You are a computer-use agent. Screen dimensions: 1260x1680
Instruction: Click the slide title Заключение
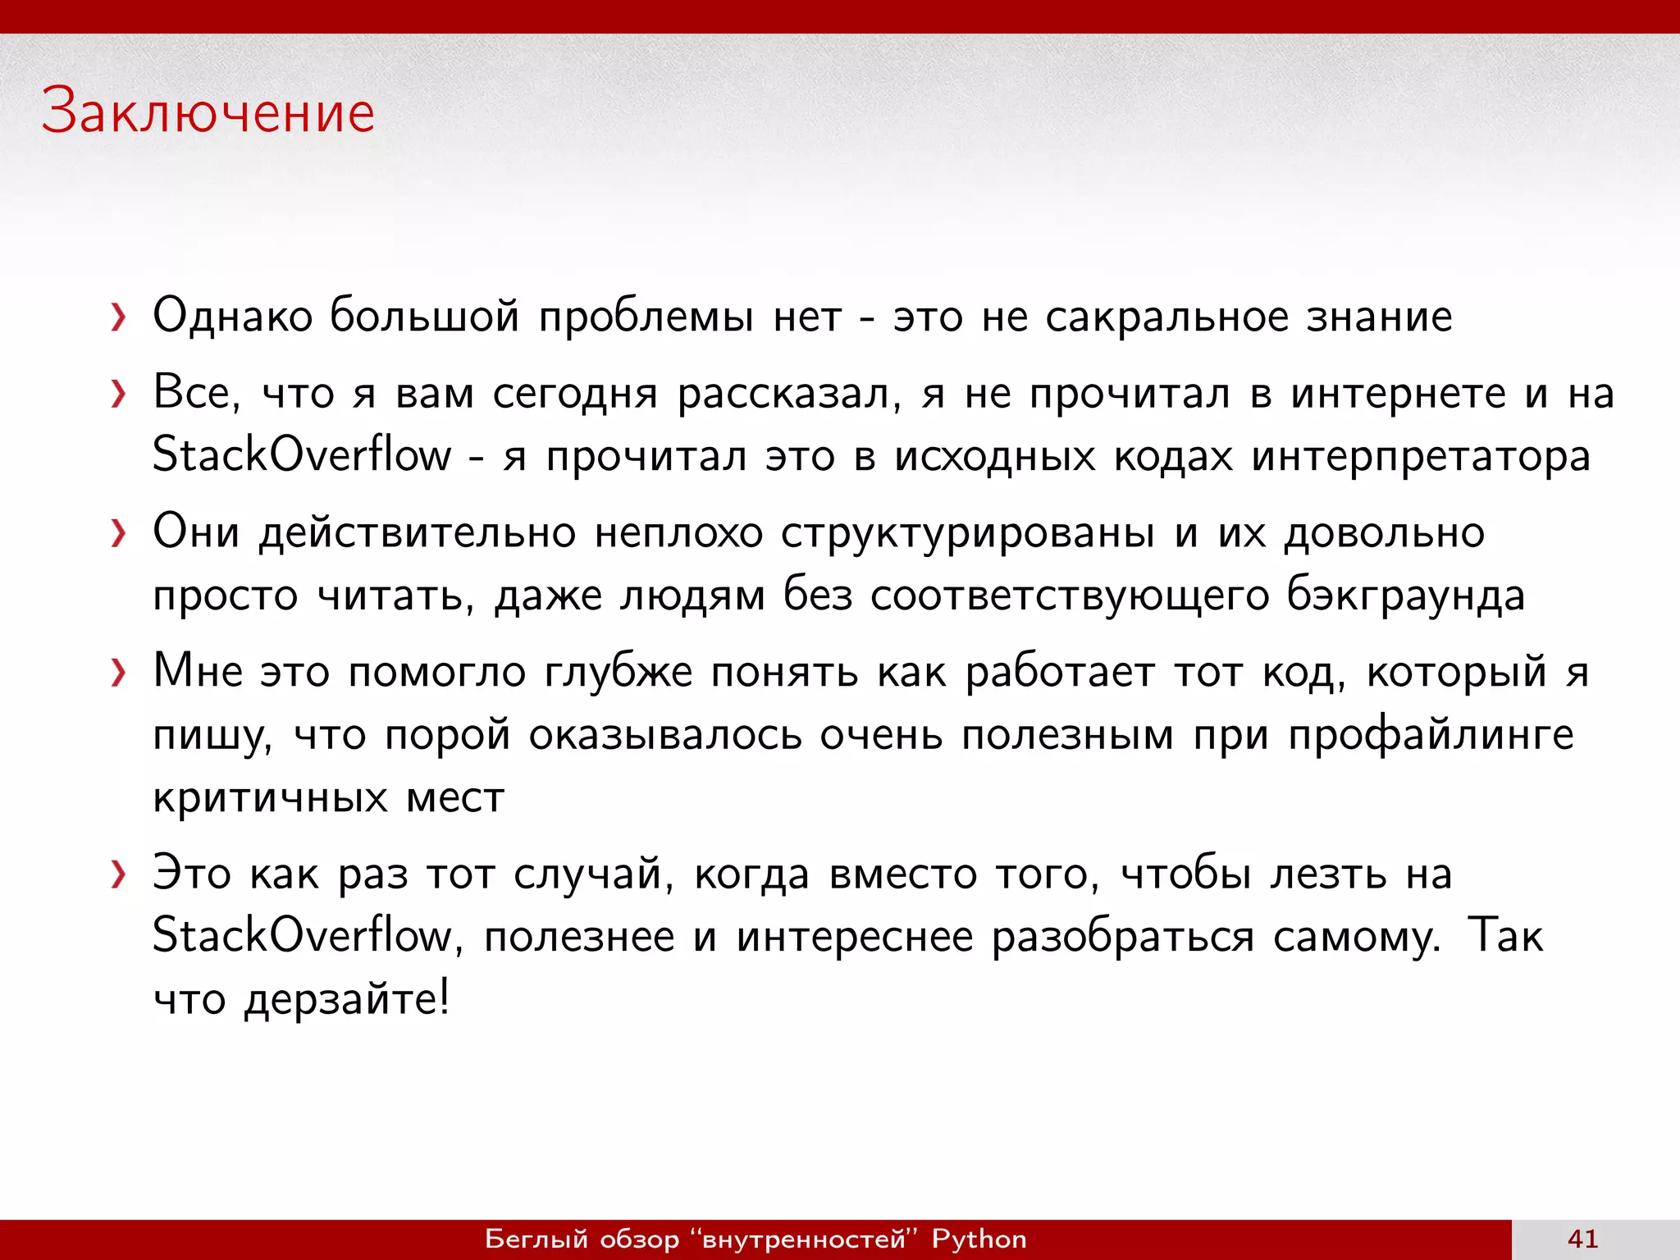[208, 112]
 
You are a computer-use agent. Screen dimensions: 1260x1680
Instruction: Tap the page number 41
[1582, 1239]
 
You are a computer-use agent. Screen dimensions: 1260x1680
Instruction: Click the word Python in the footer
[979, 1239]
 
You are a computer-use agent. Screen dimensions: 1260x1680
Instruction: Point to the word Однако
[233, 317]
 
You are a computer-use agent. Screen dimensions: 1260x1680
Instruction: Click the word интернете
[1398, 394]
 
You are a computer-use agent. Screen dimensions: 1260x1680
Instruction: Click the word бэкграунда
[1405, 596]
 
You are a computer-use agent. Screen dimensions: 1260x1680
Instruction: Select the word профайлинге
[1431, 736]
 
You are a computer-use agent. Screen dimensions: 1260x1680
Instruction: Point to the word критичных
[270, 797]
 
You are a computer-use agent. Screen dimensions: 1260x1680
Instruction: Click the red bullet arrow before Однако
[119, 317]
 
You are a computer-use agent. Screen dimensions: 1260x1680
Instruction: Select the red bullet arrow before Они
[119, 534]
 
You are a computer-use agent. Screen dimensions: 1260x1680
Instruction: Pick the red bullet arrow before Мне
[119, 673]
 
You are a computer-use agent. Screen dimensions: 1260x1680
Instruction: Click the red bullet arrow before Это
[119, 875]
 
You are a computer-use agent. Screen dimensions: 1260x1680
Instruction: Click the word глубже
[619, 673]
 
